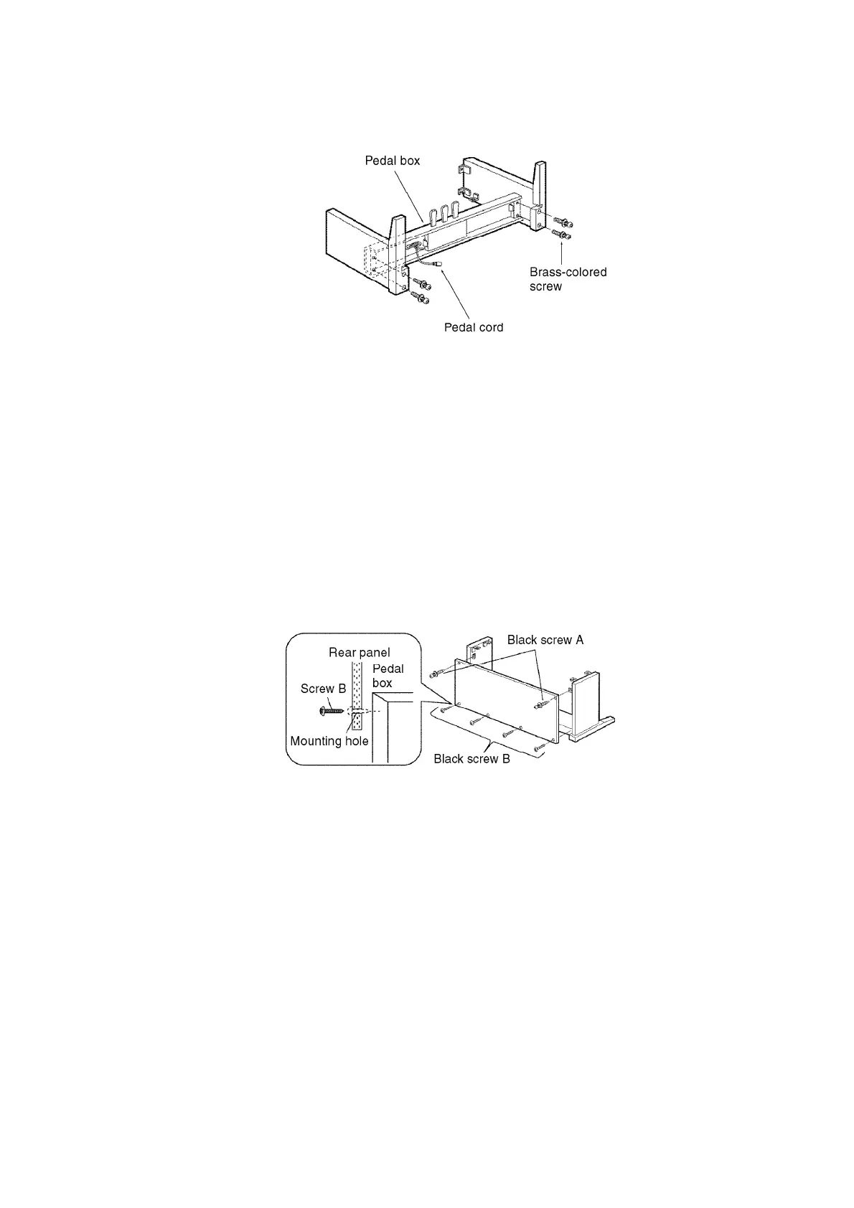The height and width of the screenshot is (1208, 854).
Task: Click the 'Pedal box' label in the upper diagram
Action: tap(393, 161)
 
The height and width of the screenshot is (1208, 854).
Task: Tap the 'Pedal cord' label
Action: tap(474, 328)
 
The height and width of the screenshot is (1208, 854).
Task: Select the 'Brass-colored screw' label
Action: tap(568, 279)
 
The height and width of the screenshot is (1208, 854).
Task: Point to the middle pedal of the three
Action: tap(444, 212)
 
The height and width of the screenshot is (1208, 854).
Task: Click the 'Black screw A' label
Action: tap(545, 640)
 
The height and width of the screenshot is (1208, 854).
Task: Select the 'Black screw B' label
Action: tap(471, 759)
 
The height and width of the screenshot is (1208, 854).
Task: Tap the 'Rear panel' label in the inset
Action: tap(360, 653)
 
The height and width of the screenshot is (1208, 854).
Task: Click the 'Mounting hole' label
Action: tap(329, 741)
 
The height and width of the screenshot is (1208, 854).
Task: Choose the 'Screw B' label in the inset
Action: tap(323, 689)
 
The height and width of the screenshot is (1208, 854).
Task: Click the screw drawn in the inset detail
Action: tap(332, 711)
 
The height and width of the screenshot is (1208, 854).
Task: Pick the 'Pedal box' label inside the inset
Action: tap(388, 676)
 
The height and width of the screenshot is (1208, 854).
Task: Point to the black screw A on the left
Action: tap(435, 674)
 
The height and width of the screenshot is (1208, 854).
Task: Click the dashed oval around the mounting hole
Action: tap(357, 712)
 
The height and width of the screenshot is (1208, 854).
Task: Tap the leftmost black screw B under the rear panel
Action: tap(445, 709)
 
